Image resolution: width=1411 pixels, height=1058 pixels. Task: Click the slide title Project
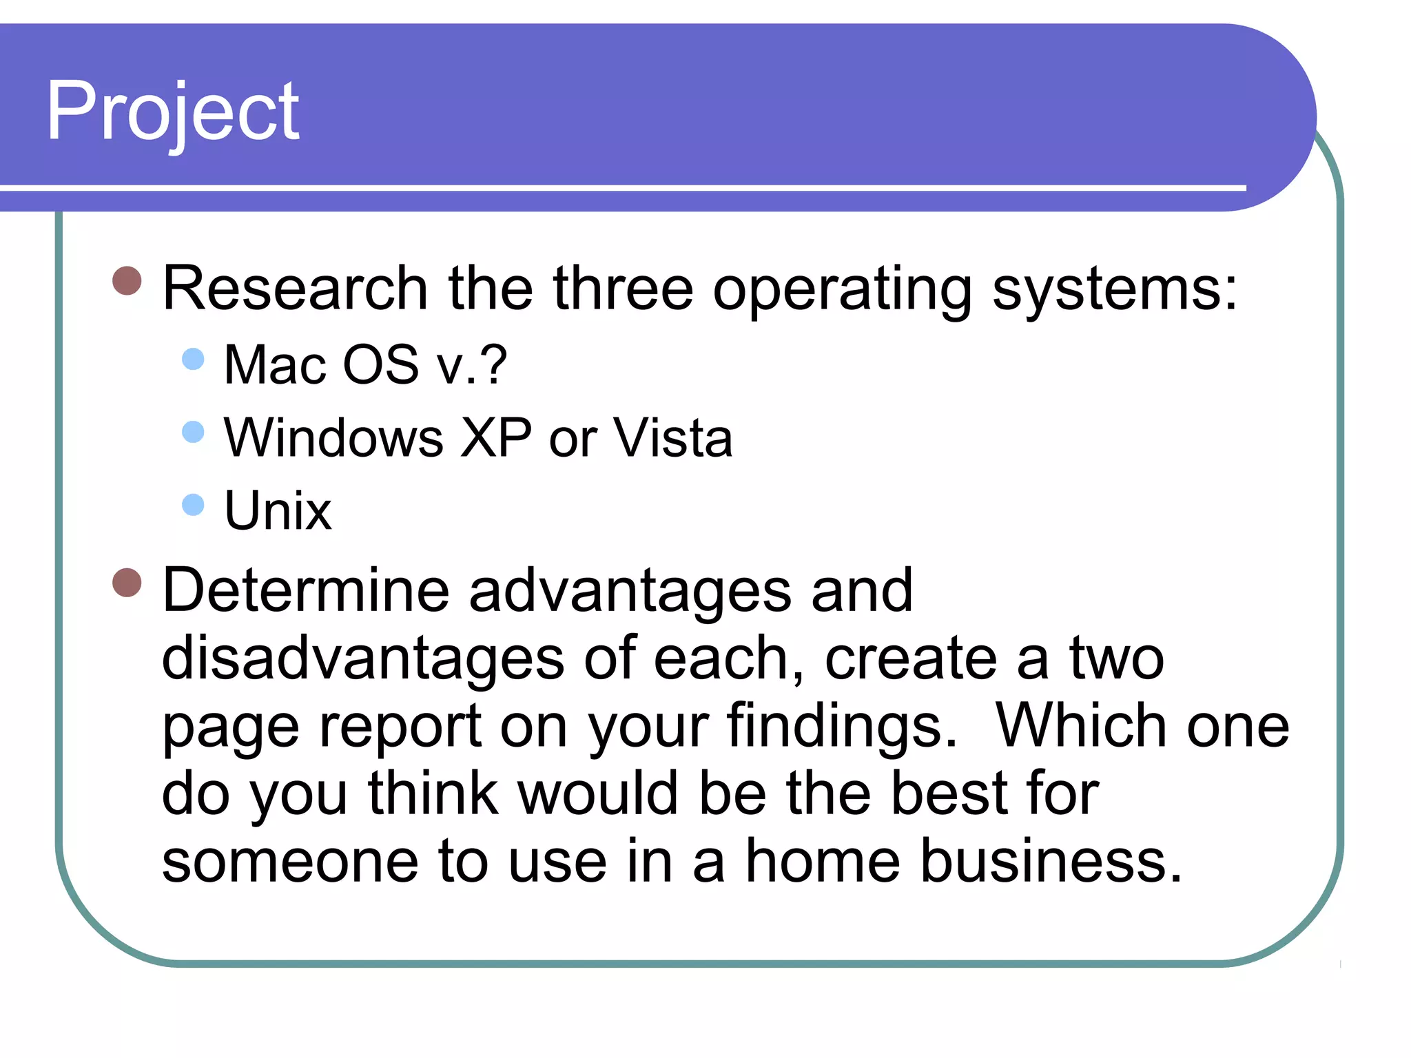coord(172,112)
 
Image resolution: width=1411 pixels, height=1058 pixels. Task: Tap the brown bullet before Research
coord(127,280)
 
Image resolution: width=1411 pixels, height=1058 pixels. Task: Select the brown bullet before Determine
coord(127,583)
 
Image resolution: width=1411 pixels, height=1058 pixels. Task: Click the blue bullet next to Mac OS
coord(194,359)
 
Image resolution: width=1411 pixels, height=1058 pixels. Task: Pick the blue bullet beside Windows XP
coord(194,432)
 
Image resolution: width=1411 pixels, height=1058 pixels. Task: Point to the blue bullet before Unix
coord(194,504)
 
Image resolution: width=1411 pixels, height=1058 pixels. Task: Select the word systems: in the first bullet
coord(1114,289)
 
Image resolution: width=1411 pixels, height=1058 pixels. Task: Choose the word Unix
coord(278,510)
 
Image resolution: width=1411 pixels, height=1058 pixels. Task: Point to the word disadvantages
coord(362,658)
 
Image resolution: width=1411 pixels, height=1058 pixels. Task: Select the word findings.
coord(841,727)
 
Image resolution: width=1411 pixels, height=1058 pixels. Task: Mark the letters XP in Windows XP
coord(496,437)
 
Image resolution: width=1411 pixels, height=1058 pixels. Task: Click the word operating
coord(842,289)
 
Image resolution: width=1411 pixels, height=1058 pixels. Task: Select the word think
coord(433,793)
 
